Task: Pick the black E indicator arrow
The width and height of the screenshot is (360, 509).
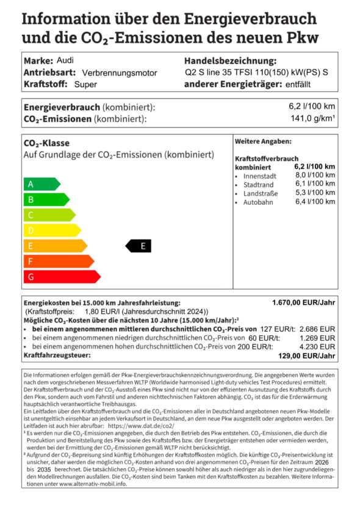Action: pyautogui.click(x=139, y=246)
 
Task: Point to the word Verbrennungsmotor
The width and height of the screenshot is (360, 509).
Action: pyautogui.click(x=120, y=73)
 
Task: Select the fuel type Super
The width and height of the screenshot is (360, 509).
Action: pyautogui.click(x=86, y=85)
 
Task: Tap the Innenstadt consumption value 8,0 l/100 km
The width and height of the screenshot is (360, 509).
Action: pyautogui.click(x=315, y=176)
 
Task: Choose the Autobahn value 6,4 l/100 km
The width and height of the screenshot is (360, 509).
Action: pyautogui.click(x=315, y=202)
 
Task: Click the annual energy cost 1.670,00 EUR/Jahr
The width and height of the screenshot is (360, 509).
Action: pyautogui.click(x=303, y=302)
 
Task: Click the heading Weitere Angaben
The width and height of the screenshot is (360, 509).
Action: pyautogui.click(x=263, y=141)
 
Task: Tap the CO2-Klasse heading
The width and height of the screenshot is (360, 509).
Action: pyautogui.click(x=46, y=144)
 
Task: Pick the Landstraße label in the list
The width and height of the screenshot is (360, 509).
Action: pyautogui.click(x=261, y=193)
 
